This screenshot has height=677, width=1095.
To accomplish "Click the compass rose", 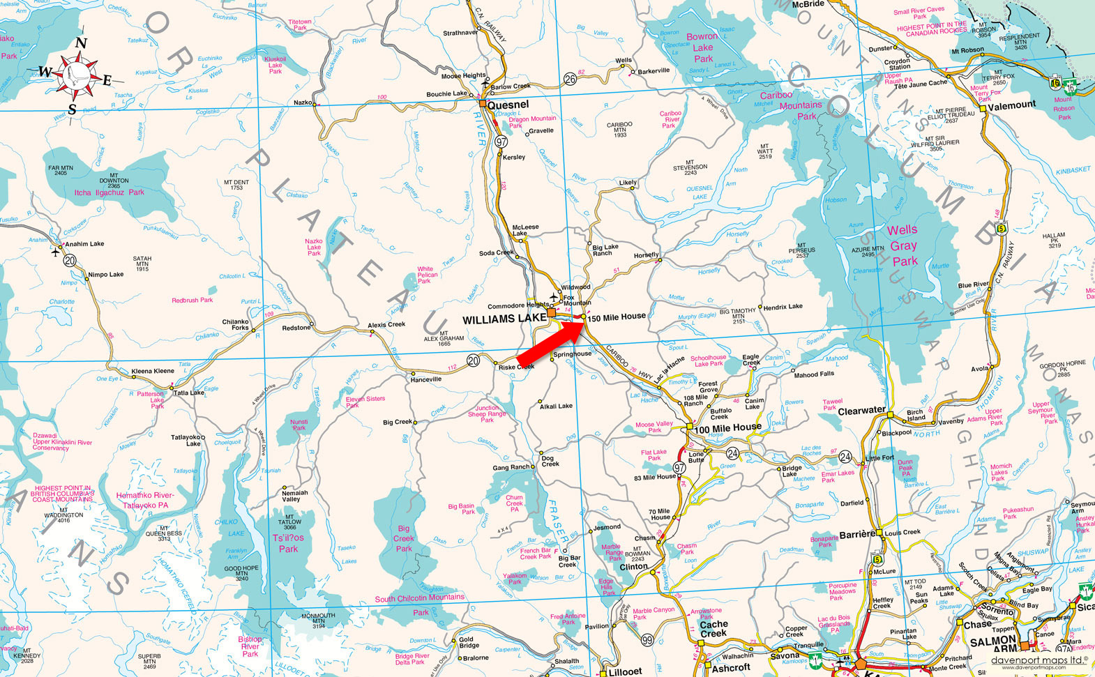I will coord(77,74).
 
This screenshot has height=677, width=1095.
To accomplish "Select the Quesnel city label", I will coord(508,105).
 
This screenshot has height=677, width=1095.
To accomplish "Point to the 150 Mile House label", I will coord(617,317).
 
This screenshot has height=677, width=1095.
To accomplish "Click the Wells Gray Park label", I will coord(904,245).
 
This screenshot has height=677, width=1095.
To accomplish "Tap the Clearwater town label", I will coord(861,411).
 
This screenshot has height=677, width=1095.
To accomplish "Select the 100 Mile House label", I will coord(727,427).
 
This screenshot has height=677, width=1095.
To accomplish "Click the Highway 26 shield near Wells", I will coord(571,79).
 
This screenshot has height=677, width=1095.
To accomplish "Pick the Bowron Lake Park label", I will coord(702,47).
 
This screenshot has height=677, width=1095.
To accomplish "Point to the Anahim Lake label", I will coord(84,244).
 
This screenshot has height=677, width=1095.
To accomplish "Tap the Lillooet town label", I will coord(625,671).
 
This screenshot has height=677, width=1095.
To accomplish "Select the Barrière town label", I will coord(856,534).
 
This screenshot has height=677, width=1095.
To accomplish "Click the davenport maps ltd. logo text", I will coord(1039,659).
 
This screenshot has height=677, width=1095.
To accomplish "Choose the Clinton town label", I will coord(633,566).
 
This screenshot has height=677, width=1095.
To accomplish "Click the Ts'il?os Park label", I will coord(288,543).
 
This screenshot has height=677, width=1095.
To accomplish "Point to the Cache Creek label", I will coord(713,629).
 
